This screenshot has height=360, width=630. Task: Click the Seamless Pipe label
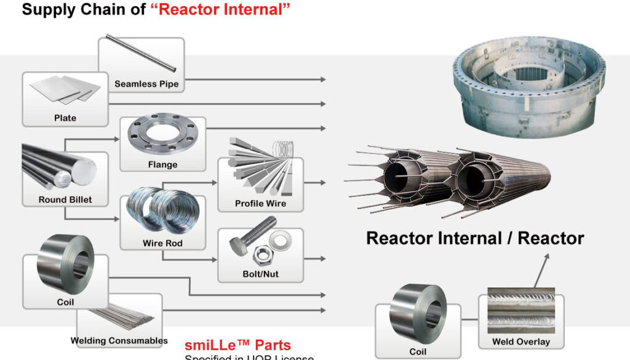[x=146, y=84]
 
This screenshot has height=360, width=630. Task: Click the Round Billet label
[x=65, y=199]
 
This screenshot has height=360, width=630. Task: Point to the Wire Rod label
[x=162, y=243]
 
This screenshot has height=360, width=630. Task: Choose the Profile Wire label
[x=260, y=203]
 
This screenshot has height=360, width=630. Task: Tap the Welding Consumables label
[x=119, y=340]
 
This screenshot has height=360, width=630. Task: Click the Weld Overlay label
[x=520, y=342]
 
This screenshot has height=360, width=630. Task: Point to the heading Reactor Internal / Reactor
[x=475, y=238]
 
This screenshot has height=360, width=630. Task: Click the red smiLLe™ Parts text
[x=237, y=345]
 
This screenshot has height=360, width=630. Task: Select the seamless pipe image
[x=141, y=53]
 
